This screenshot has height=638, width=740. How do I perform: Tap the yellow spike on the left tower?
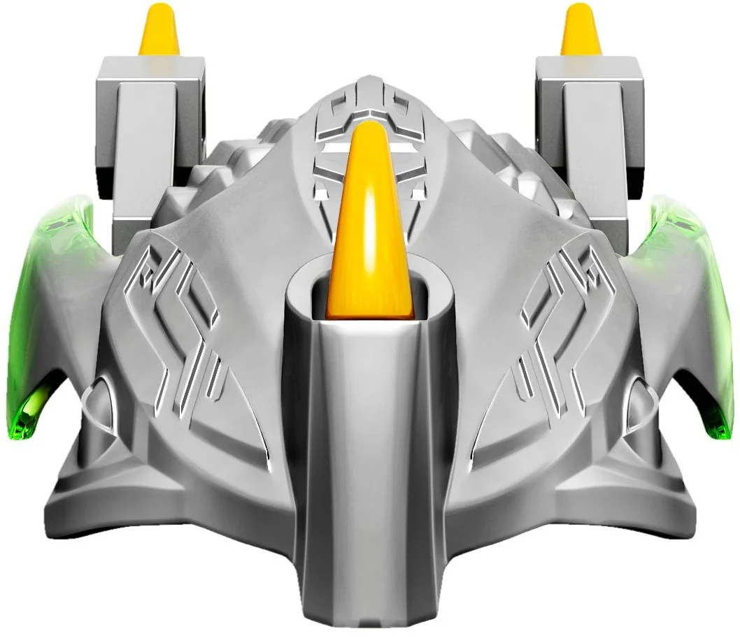159,31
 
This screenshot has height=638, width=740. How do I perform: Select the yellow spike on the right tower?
580,31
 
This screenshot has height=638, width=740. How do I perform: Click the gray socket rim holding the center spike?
308,293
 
